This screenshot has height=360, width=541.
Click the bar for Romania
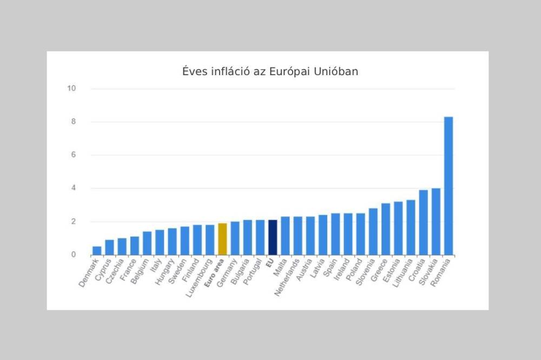click(x=448, y=186)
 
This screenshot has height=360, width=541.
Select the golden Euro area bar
click(x=222, y=239)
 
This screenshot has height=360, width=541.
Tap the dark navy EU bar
click(x=272, y=237)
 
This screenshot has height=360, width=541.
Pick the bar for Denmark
click(x=97, y=251)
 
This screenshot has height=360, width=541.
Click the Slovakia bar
click(x=436, y=222)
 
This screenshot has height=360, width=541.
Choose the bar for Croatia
click(x=423, y=223)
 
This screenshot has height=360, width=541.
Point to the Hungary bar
click(x=172, y=242)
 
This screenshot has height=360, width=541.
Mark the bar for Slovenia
click(x=373, y=231)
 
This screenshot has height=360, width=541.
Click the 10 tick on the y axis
click(x=71, y=89)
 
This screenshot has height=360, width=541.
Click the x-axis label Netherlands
click(x=287, y=276)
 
